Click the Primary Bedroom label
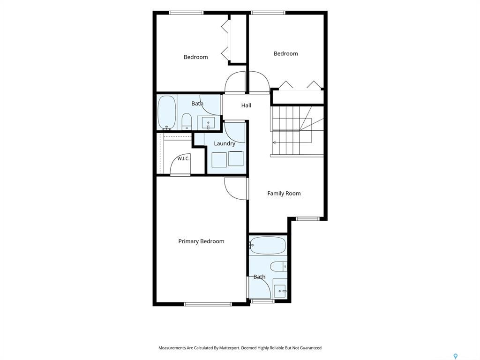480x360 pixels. (x=201, y=241)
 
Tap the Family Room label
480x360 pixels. (x=284, y=193)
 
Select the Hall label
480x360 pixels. (x=246, y=105)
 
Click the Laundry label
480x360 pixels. (x=225, y=143)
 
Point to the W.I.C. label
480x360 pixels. (x=183, y=158)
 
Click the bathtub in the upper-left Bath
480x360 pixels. (x=167, y=112)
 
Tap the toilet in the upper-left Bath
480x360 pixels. (x=187, y=121)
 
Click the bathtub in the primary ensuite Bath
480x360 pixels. (x=268, y=245)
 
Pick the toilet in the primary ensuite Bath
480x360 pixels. (x=278, y=266)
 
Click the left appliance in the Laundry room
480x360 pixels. (x=219, y=160)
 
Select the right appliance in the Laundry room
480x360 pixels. (x=236, y=158)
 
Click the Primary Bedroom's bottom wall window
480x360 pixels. (x=208, y=304)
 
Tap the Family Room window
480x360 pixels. (x=307, y=218)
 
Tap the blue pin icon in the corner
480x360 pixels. (x=456, y=356)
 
